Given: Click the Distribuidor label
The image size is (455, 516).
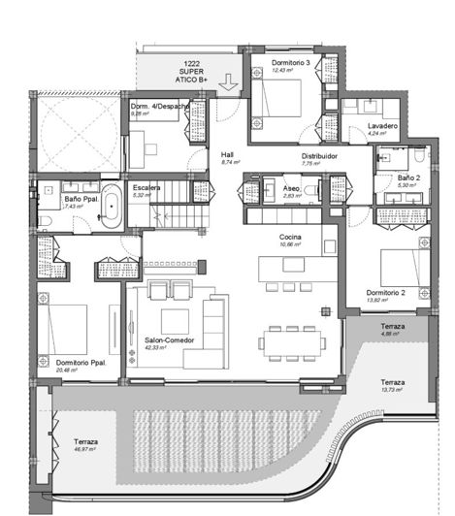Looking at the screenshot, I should [x=318, y=155].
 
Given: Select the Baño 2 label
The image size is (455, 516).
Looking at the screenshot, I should [x=409, y=178].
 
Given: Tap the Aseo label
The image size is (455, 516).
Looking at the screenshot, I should [x=291, y=188].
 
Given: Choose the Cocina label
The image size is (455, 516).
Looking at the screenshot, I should [x=290, y=238].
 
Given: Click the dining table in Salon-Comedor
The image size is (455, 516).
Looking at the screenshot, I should [x=288, y=341].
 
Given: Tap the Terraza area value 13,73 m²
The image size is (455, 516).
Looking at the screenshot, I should [x=395, y=390].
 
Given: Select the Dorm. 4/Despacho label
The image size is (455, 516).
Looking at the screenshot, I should [x=155, y=106].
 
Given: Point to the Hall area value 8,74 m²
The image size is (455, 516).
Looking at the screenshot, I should [x=228, y=162].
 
